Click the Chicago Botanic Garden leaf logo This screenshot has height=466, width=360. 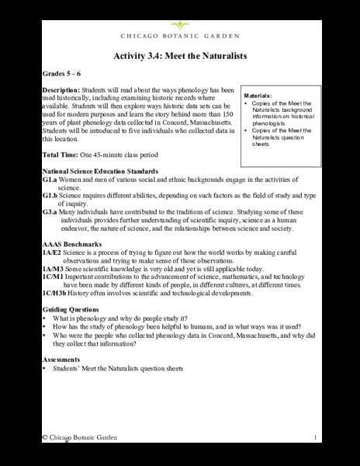179,26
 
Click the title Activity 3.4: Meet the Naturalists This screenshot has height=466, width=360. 179,56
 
